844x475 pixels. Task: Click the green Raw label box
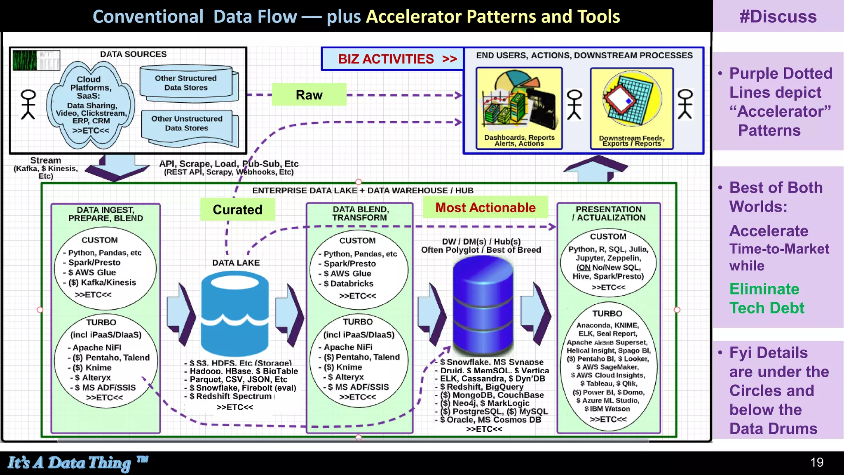[x=309, y=95]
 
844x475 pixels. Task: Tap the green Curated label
[x=237, y=209]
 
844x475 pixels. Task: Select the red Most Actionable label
[x=485, y=207]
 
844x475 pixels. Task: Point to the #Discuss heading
[x=778, y=16]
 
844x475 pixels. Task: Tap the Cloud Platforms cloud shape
[x=90, y=105]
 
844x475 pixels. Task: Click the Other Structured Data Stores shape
[x=188, y=83]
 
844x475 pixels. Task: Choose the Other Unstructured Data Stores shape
[x=188, y=124]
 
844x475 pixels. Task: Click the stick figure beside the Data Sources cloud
[x=28, y=105]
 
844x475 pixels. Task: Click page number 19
[x=816, y=462]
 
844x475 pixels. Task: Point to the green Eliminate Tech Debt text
[x=766, y=299]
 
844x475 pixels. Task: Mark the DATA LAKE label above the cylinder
[x=236, y=263]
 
